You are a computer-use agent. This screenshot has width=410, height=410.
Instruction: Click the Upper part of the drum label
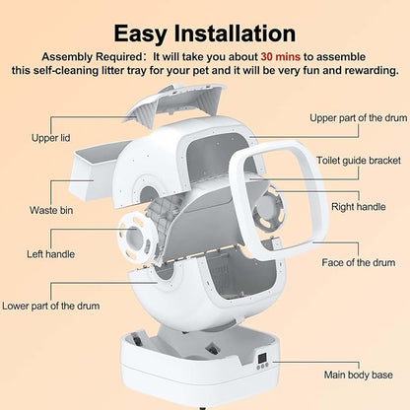[356, 118]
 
